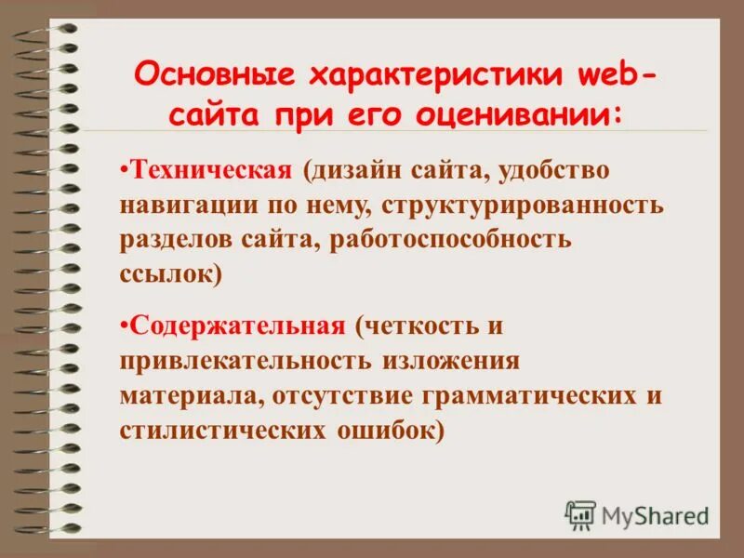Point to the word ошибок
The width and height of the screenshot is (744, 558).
tap(384, 428)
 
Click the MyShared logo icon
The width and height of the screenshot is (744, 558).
tap(580, 514)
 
